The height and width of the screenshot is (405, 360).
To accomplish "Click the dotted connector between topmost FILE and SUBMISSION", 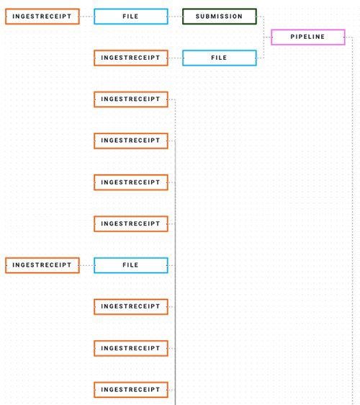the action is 175,17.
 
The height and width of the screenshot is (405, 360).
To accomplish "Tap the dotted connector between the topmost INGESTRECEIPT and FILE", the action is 86,17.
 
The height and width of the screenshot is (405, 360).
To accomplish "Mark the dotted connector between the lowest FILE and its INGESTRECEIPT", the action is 86,265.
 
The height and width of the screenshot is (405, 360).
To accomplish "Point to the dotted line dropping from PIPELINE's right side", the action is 352,221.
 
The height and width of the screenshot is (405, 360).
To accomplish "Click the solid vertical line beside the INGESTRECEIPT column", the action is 175,272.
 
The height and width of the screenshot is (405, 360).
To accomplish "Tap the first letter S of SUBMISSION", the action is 197,17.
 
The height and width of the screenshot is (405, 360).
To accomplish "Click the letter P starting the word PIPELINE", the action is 292,37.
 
